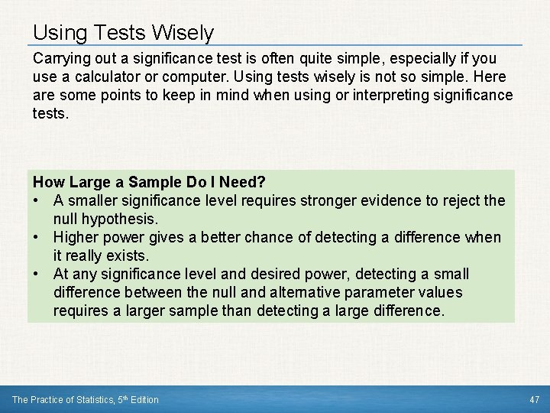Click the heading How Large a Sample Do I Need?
(x=149, y=182)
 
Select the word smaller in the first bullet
(x=95, y=200)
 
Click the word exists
(x=127, y=255)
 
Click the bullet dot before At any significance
(x=37, y=274)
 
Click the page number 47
(x=534, y=399)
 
